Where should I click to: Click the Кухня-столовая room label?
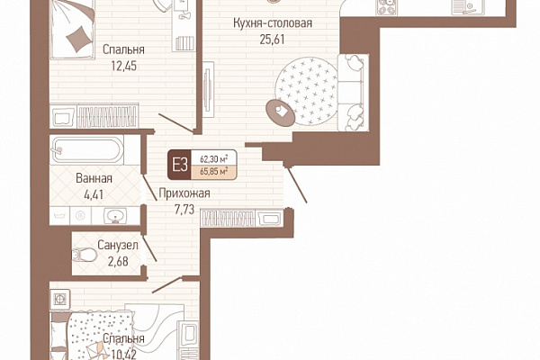(273, 23)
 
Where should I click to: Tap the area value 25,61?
(272, 40)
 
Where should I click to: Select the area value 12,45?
(123, 66)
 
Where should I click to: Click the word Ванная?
(94, 178)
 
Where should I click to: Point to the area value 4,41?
(94, 194)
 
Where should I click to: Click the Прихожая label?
(184, 193)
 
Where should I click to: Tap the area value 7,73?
(184, 210)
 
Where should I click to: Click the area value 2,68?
(118, 262)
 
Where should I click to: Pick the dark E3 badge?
(179, 165)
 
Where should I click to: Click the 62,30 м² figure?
(214, 159)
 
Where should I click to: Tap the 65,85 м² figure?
(214, 171)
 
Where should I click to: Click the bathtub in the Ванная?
(86, 149)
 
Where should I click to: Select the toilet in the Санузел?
(85, 255)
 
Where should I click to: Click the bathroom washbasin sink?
(115, 216)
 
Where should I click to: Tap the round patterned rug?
(306, 91)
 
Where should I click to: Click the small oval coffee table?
(280, 112)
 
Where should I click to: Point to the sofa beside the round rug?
(354, 93)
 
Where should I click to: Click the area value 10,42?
(123, 354)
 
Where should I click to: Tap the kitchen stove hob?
(386, 7)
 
